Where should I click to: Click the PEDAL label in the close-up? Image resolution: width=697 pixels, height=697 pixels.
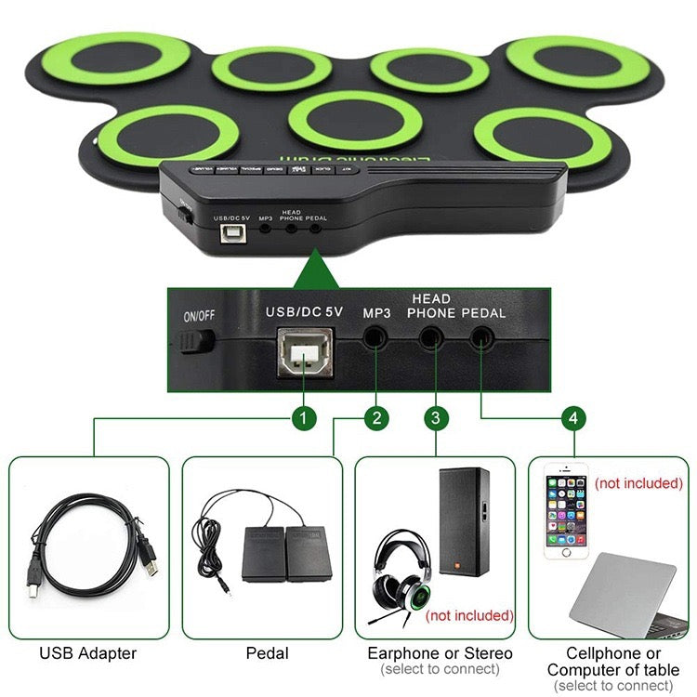click(x=483, y=313)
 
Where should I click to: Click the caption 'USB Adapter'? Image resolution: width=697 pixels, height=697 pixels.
click(x=88, y=653)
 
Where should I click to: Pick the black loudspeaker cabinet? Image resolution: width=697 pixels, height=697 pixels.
click(x=464, y=521)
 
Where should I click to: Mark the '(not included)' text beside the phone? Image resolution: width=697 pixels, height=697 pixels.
click(x=638, y=483)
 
